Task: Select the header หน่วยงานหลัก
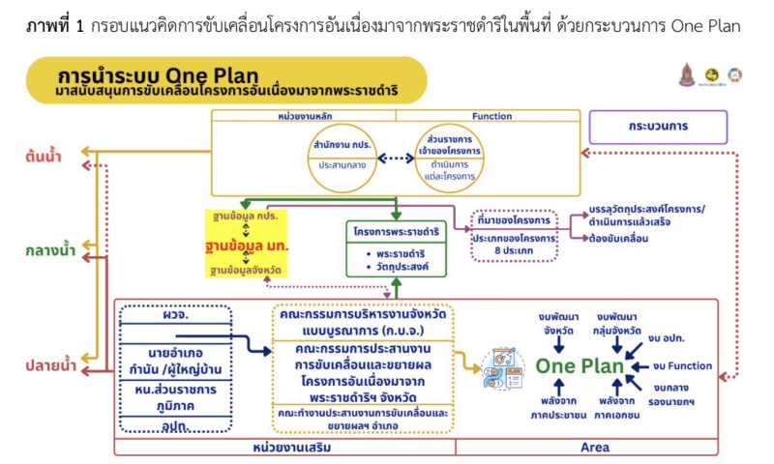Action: [303, 116]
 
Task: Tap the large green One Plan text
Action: [580, 366]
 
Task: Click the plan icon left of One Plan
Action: [503, 368]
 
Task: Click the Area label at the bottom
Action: [594, 448]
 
